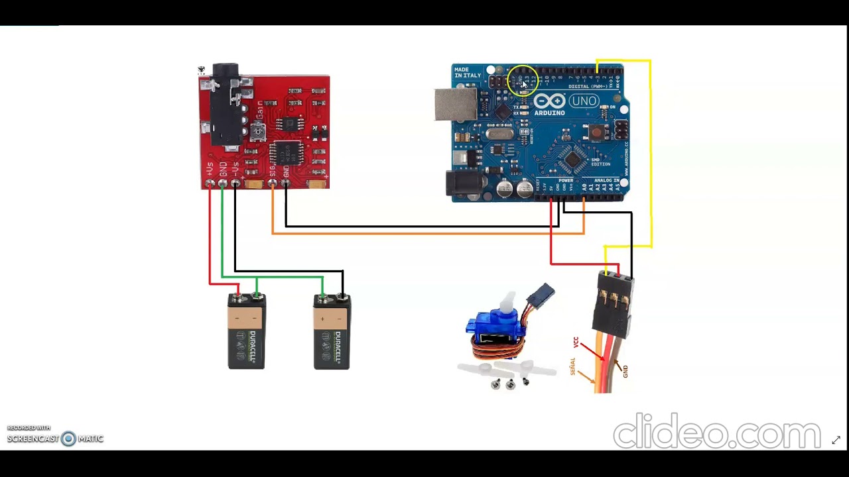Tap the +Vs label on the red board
point(210,169)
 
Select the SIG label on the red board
point(273,172)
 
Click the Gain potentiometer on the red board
point(258,131)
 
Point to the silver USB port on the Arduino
point(455,105)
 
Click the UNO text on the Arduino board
point(584,101)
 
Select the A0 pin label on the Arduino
point(584,189)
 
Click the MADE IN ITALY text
point(467,73)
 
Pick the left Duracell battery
point(246,331)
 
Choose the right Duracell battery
point(332,331)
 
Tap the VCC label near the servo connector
point(576,342)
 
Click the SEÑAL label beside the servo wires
point(572,366)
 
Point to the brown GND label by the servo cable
point(625,372)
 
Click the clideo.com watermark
point(716,432)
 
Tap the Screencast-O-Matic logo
point(56,438)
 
